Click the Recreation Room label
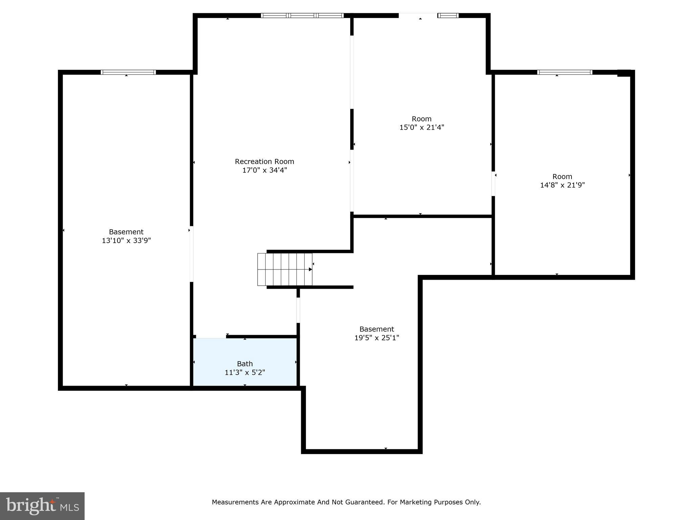(x=264, y=161)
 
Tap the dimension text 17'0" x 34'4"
(x=264, y=170)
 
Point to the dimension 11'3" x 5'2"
(x=245, y=372)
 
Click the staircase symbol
(x=285, y=269)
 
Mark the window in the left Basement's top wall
(x=128, y=72)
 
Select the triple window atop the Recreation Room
(x=302, y=15)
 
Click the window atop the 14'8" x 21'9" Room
(x=564, y=72)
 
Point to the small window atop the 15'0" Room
(x=448, y=15)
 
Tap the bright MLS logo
(x=42, y=506)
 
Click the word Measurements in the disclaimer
(x=236, y=502)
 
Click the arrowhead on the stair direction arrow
(x=310, y=269)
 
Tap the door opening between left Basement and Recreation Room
(x=192, y=254)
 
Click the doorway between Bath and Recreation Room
(x=211, y=337)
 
